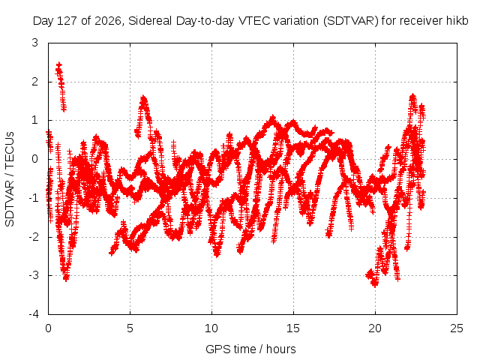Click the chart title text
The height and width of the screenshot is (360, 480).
point(250,21)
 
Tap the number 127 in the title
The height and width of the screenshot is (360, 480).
point(67,21)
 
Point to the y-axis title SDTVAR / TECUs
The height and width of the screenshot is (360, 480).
point(10,179)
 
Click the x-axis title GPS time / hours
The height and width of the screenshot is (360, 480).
point(250,349)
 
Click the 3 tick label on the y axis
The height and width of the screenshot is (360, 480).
point(35,43)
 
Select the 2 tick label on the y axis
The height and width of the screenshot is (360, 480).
point(35,82)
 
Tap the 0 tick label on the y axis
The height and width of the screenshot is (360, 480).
point(35,159)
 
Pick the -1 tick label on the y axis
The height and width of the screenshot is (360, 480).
point(33,198)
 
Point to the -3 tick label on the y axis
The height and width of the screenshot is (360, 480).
point(33,275)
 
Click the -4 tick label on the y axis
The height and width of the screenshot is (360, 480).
point(33,314)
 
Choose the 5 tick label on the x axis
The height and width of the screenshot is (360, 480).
point(130,328)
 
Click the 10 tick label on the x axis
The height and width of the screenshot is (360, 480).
point(211,328)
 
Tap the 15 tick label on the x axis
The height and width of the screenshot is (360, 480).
point(293,328)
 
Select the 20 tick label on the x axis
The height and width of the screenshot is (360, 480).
point(375,328)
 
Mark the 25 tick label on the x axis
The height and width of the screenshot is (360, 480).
point(457,328)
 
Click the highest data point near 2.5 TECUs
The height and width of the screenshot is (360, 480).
point(59,64)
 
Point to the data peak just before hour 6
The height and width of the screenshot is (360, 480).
point(143,98)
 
